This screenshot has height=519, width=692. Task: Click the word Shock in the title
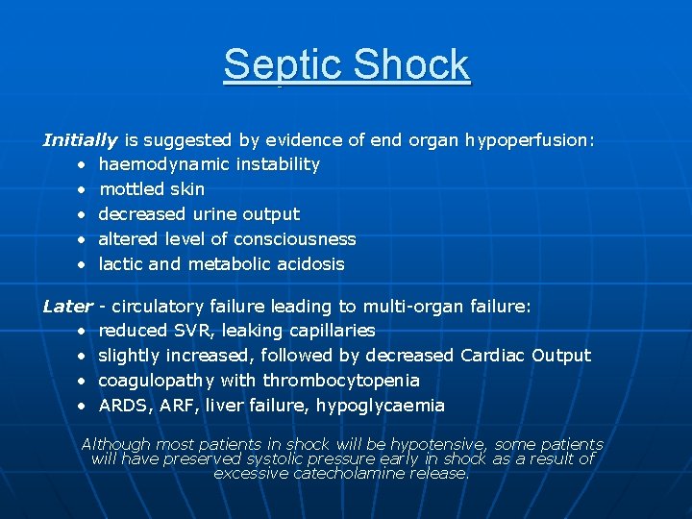coord(412,65)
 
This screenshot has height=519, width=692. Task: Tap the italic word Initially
coord(80,140)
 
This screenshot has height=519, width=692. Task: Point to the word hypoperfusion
coord(529,140)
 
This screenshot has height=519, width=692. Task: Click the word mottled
coord(130,189)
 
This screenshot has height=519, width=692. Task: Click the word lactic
coord(120,264)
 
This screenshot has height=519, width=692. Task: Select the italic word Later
coord(67,307)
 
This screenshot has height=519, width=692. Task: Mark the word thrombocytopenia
coord(341,381)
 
